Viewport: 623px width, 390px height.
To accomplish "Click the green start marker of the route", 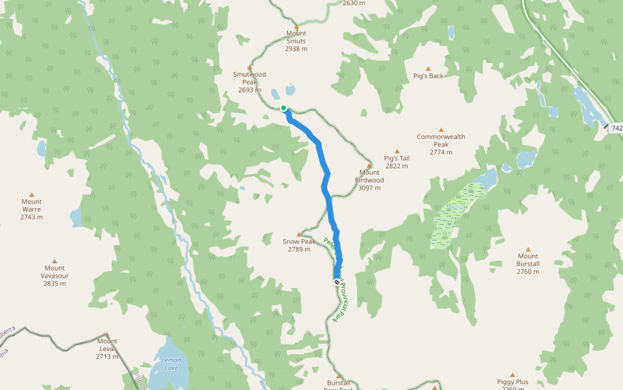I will [284, 108].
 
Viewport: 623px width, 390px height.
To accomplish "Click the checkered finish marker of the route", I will [336, 281].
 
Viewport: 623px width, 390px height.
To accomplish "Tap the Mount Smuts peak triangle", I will [296, 26].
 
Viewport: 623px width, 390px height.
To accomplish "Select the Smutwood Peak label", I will [250, 78].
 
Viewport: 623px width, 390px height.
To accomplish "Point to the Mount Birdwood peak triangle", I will [369, 165].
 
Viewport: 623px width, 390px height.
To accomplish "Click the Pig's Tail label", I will [397, 158].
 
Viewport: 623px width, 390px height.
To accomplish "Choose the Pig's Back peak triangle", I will [428, 68].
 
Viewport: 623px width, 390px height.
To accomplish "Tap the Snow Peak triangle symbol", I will [299, 234].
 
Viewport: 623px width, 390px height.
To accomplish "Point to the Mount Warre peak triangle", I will [31, 194].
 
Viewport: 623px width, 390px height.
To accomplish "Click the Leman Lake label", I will [171, 365].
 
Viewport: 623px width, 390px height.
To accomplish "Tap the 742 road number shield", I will [616, 129].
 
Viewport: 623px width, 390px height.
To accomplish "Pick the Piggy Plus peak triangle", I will [513, 375].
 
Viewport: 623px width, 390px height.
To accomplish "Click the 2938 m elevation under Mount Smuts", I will [296, 49].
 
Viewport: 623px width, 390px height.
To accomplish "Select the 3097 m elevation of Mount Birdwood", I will [369, 188].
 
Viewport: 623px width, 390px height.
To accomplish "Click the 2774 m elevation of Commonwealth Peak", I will [441, 152].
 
